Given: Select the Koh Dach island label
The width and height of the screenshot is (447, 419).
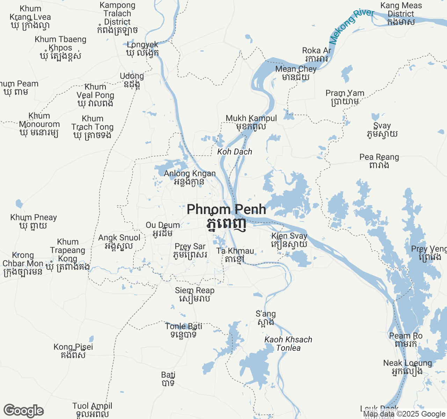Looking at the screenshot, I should click(234, 152).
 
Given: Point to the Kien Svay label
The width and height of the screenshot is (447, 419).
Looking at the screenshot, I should click(289, 240).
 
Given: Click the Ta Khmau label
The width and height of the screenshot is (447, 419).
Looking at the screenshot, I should click(235, 255).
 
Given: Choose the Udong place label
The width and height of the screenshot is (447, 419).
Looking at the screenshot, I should click(132, 80).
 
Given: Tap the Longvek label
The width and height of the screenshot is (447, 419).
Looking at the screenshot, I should click(142, 49).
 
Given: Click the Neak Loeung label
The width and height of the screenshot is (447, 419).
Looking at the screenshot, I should click(408, 367).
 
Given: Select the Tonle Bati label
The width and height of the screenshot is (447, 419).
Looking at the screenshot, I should click(184, 330).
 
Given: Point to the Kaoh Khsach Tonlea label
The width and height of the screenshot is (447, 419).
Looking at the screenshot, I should click(288, 344).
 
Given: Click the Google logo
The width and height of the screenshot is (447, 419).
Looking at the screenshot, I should click(23, 411).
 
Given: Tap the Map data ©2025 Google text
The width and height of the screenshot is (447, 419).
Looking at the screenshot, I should click(404, 414).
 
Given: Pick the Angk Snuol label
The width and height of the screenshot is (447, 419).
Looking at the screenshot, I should click(119, 242).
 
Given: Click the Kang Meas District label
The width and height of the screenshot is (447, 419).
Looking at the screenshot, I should click(401, 14).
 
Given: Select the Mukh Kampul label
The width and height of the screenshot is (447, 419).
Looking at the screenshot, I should click(251, 122).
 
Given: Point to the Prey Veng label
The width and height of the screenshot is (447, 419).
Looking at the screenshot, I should click(429, 253).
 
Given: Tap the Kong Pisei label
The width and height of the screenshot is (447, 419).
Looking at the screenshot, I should click(73, 351).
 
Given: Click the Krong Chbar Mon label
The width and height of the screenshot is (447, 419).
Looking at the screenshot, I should click(23, 264).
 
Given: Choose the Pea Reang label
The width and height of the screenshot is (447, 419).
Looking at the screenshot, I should click(379, 161).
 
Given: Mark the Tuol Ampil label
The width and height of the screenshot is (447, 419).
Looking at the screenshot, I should click(92, 410).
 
